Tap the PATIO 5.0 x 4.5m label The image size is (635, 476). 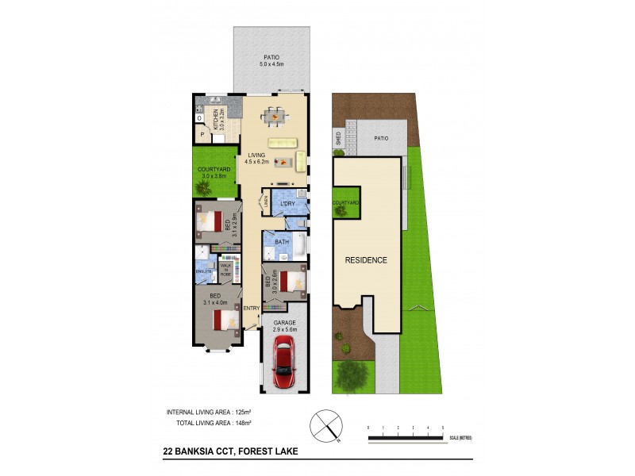(x=272, y=62)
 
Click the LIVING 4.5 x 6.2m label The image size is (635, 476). (x=256, y=159)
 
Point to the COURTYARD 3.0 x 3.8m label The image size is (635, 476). (x=214, y=172)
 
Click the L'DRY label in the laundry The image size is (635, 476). (x=288, y=204)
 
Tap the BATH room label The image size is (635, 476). (x=282, y=241)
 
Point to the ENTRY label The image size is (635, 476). (x=251, y=308)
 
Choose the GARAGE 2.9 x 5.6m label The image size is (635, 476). (x=284, y=327)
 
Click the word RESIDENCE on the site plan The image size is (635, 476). (x=365, y=260)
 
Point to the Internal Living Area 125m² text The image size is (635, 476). (x=209, y=412)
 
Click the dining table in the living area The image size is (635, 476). (x=275, y=117)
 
